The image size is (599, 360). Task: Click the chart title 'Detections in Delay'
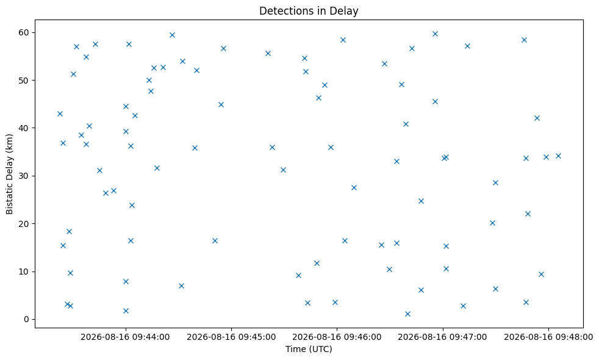tap(309, 11)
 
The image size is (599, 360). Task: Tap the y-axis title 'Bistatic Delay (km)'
tap(10, 174)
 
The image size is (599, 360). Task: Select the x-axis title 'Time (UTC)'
tap(309, 349)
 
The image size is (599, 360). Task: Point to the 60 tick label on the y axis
tap(24, 32)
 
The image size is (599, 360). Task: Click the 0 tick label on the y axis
tap(26, 320)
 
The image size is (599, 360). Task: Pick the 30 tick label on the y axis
tap(24, 176)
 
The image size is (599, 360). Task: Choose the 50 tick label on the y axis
tap(24, 81)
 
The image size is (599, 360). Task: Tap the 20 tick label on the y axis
tap(24, 223)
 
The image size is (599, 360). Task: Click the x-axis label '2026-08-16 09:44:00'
tap(125, 337)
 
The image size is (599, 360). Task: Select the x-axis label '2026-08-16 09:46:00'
tap(337, 337)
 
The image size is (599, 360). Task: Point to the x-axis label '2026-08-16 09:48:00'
tap(548, 337)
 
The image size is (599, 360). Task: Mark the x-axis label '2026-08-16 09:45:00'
tap(231, 337)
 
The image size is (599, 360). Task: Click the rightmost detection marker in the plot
tap(558, 156)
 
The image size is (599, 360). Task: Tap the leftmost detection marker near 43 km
tap(60, 114)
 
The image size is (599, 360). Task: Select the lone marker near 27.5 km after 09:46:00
tap(354, 188)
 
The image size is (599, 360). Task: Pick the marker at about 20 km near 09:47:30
tap(492, 223)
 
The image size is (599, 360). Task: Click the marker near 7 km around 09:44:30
tap(181, 286)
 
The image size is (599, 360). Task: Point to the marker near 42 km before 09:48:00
tap(537, 118)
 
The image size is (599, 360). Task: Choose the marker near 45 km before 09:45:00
tap(221, 105)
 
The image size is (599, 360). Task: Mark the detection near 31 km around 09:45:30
tap(283, 170)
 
